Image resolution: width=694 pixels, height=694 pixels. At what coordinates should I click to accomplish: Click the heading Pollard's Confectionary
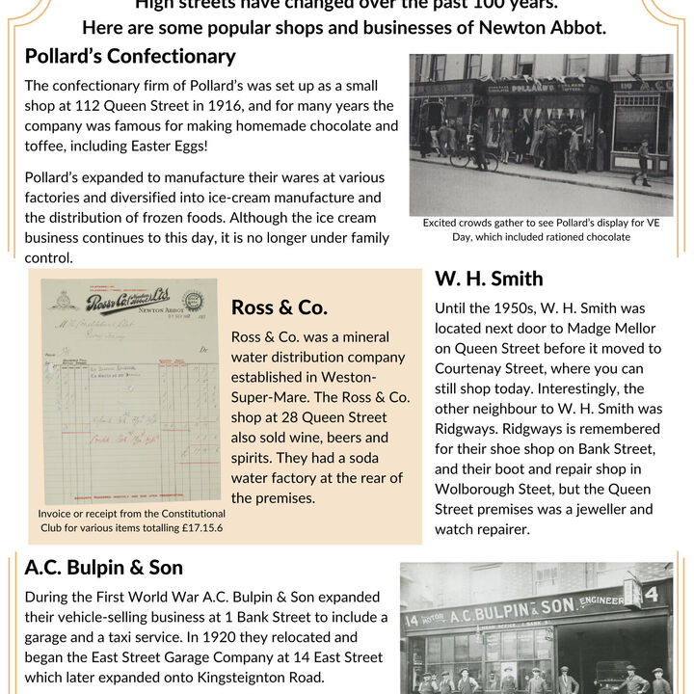pos(130,56)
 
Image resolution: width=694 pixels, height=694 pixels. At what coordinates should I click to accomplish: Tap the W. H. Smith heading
pos(489,280)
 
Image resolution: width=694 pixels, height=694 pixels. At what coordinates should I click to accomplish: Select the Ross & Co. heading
pos(280,308)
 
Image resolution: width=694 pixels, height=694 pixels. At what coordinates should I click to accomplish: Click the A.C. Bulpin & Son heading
pos(103,568)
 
